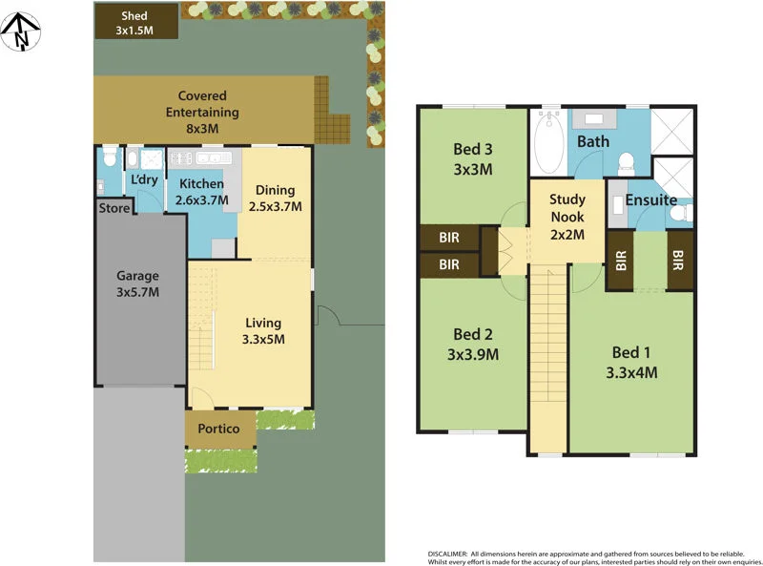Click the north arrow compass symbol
point(20,31)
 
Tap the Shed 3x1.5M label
point(136,23)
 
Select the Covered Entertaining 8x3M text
point(202,112)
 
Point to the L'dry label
point(144,180)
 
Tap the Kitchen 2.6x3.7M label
point(201,192)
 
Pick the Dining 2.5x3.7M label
point(274,198)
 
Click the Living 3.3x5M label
point(263,330)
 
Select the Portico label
point(219,429)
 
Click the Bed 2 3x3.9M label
point(473,344)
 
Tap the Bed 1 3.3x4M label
point(631,363)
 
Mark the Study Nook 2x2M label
point(567,215)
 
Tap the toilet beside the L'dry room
point(109,155)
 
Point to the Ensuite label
point(651,200)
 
